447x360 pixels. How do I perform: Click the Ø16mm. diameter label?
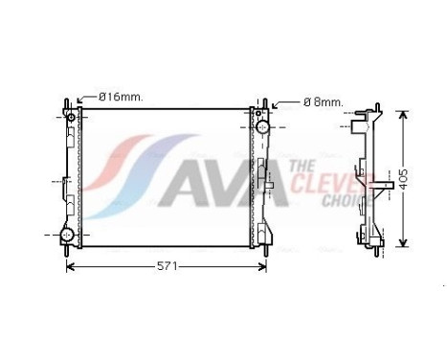[x=122, y=97]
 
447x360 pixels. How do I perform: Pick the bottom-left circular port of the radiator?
[x=68, y=235]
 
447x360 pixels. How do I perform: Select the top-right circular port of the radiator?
[x=261, y=125]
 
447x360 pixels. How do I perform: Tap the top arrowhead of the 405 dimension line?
[x=402, y=116]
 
